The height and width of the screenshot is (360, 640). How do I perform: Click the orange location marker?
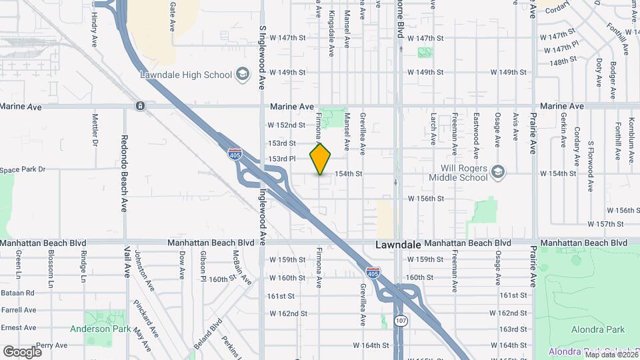point(321,159)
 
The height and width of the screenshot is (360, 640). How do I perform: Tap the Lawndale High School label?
point(185,73)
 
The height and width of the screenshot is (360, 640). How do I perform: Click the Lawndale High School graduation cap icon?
point(243,73)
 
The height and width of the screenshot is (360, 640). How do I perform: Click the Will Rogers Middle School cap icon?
point(497,173)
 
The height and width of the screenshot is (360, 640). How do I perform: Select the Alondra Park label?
point(598,329)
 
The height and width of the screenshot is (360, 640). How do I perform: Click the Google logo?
point(22,351)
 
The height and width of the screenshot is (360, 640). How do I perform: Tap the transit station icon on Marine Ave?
point(140,106)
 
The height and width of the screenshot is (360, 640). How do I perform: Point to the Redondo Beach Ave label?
point(124,164)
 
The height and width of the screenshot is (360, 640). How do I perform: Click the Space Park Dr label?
point(22,170)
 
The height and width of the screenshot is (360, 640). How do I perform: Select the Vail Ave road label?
point(127,261)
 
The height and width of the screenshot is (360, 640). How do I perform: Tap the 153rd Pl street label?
point(282,159)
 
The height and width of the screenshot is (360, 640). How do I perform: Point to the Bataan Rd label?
point(18,293)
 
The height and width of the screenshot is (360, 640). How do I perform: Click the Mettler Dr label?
point(95,130)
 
